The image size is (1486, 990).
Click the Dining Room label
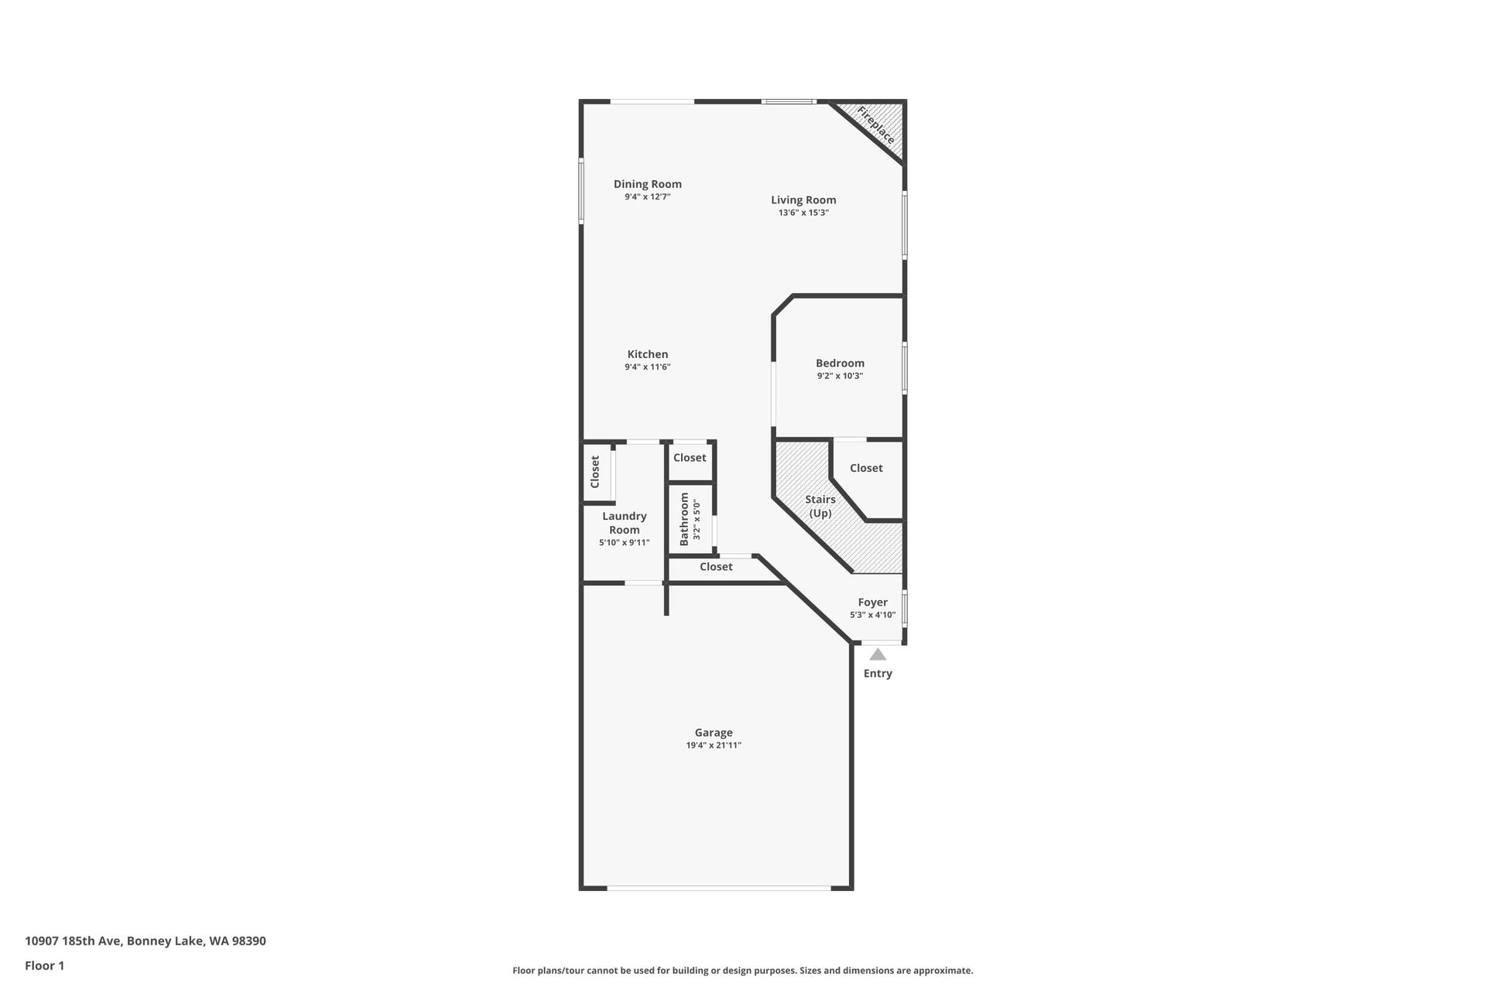(x=648, y=184)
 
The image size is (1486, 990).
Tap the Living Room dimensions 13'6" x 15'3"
(x=803, y=213)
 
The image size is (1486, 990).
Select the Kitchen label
(x=648, y=354)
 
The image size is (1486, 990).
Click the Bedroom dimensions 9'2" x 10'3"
(x=840, y=376)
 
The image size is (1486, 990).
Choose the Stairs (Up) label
(x=820, y=507)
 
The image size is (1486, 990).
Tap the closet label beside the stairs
(x=866, y=468)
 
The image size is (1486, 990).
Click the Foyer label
(x=873, y=602)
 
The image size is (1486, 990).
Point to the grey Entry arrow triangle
(x=878, y=654)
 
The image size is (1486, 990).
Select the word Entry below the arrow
(x=878, y=674)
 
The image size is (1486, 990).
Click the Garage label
(x=714, y=732)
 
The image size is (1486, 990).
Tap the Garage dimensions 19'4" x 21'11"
(x=714, y=746)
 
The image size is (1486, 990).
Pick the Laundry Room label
(x=625, y=523)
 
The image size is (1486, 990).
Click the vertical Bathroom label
(x=684, y=520)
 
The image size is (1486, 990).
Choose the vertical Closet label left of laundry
(x=595, y=472)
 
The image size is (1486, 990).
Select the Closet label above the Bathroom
(x=690, y=458)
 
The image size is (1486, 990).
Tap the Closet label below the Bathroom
(x=716, y=567)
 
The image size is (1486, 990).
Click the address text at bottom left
(x=146, y=941)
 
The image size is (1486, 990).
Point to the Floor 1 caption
(x=45, y=965)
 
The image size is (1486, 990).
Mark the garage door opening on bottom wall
(x=719, y=888)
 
